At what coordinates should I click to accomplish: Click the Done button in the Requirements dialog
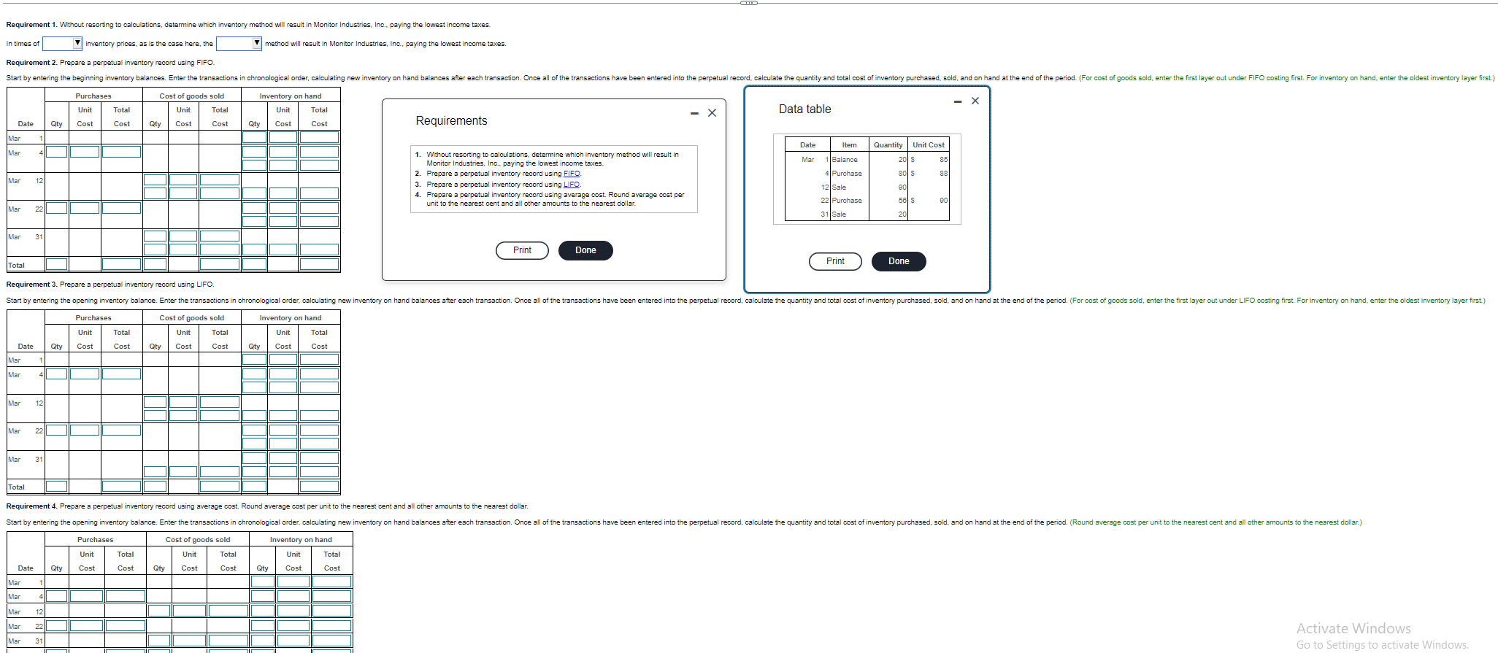585,250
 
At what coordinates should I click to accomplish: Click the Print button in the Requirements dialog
522,250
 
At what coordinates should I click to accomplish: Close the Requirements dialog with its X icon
712,113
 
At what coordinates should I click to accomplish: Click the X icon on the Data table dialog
975,101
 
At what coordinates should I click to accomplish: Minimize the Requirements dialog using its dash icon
694,113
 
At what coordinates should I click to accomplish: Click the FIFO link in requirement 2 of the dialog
572,174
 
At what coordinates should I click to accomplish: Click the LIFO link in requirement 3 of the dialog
572,185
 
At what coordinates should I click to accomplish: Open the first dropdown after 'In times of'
62,44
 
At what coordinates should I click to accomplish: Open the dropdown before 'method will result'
239,44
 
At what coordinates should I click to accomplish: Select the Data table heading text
804,109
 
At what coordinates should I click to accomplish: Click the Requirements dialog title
451,121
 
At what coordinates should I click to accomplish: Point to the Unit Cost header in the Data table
928,145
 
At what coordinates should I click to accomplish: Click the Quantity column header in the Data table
888,145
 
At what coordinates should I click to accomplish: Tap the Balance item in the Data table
845,160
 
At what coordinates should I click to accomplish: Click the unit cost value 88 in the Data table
943,174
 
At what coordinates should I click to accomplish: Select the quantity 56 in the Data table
902,201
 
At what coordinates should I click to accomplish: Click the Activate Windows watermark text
1353,628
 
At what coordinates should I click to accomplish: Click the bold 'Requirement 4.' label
31,506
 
